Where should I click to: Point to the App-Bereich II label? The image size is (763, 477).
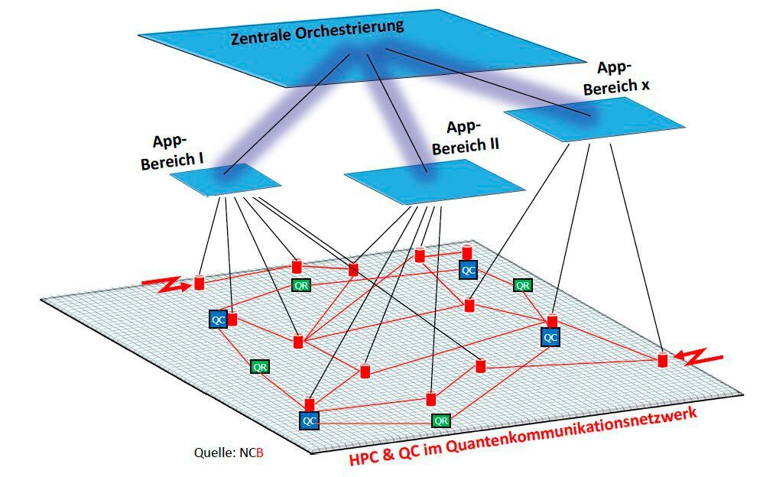[466, 138]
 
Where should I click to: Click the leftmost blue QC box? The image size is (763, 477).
[218, 320]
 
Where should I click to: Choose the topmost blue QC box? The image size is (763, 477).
[469, 270]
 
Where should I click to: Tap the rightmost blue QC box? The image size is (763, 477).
[550, 336]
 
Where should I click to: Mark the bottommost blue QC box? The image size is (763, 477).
[309, 420]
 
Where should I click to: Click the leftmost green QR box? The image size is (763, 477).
[260, 366]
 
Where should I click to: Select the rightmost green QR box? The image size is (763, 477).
[523, 285]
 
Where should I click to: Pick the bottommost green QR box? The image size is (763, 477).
[440, 420]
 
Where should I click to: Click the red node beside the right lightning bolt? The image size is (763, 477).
[663, 360]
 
